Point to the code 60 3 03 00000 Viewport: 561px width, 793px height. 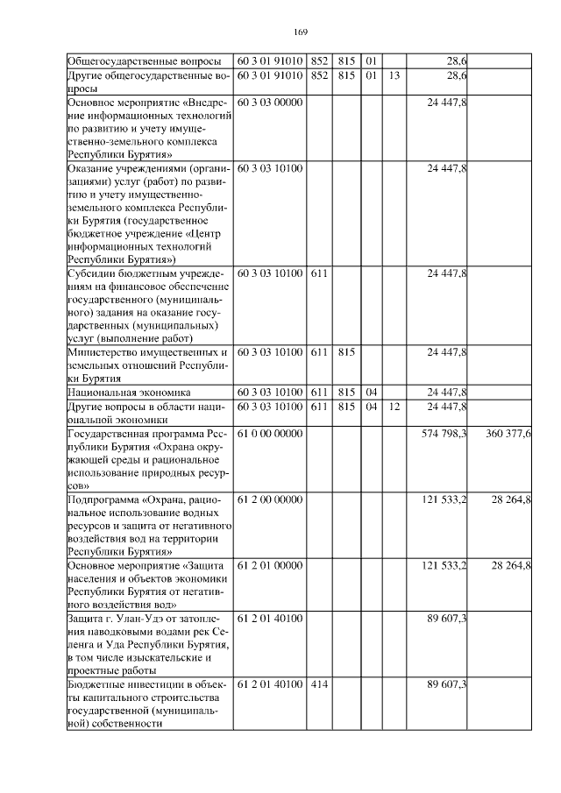tap(270, 103)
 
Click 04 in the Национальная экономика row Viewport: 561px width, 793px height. tap(371, 392)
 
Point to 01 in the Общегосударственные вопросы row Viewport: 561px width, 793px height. tap(371, 61)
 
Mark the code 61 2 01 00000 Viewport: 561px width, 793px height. tap(270, 565)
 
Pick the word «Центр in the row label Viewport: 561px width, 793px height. tap(209, 233)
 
